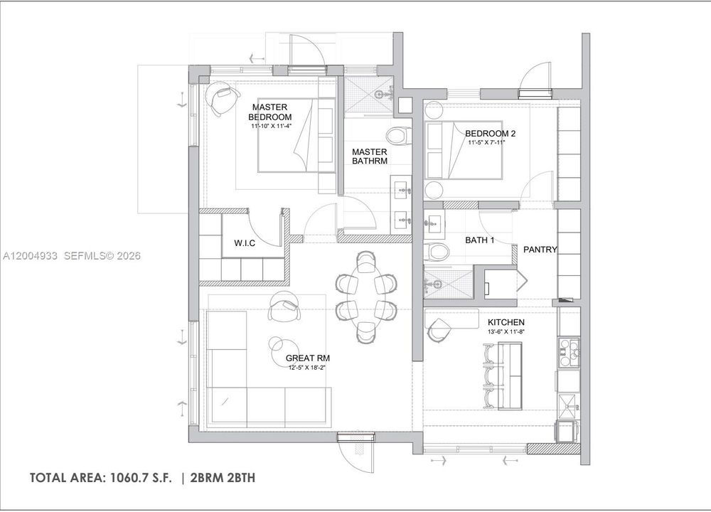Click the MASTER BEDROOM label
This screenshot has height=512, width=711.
coord(269,112)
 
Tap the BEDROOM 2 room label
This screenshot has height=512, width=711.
coord(490,134)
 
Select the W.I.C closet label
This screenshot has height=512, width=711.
coord(245,243)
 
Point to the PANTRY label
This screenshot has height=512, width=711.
coord(540,250)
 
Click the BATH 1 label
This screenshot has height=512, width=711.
coord(480,240)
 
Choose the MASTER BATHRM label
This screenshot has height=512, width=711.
coord(370,156)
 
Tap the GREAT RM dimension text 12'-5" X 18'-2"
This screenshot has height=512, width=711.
coord(308,368)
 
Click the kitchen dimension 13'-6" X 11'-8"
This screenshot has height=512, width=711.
coord(506,331)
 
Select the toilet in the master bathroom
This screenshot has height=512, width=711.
coord(398,134)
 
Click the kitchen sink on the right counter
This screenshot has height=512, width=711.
coord(568,405)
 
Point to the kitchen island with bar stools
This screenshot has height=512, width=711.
coord(510,376)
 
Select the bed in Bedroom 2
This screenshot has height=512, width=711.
coord(464,150)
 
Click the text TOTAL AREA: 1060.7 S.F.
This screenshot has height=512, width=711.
coord(101,478)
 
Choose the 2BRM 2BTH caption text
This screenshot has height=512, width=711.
coord(223,478)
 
